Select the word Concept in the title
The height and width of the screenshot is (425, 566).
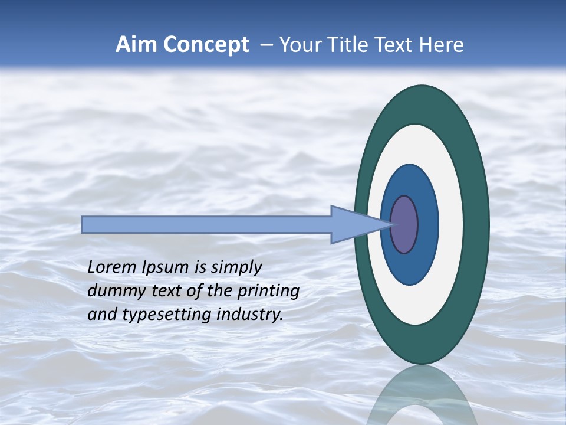click(206, 45)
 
